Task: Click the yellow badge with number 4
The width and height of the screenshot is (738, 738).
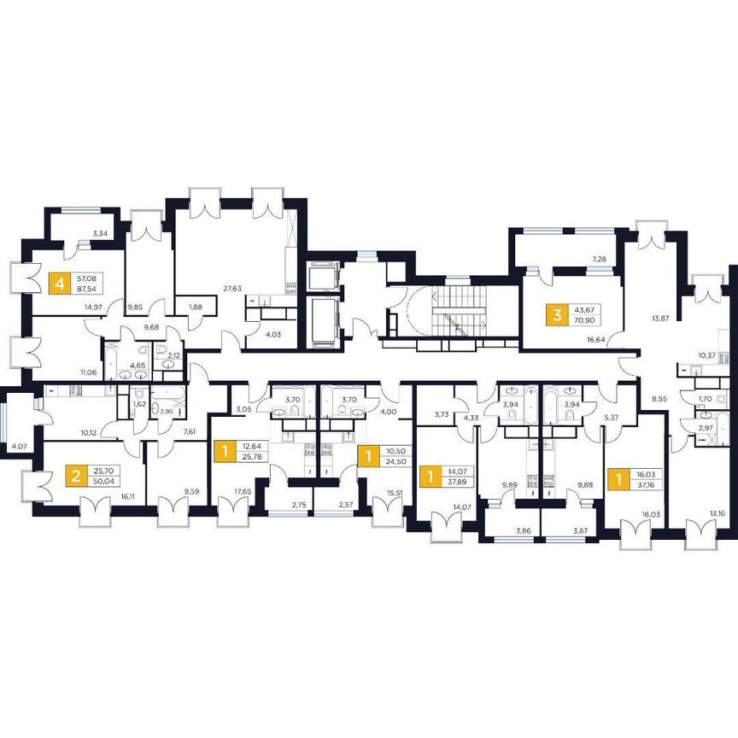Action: (59, 284)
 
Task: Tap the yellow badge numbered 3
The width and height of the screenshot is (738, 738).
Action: (558, 314)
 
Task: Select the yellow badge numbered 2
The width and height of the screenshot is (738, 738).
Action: (77, 475)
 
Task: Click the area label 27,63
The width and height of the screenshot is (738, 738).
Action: (232, 290)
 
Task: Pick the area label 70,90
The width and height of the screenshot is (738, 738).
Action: (589, 320)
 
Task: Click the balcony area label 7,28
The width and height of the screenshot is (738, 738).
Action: (599, 258)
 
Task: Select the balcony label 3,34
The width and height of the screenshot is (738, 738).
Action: (99, 232)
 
